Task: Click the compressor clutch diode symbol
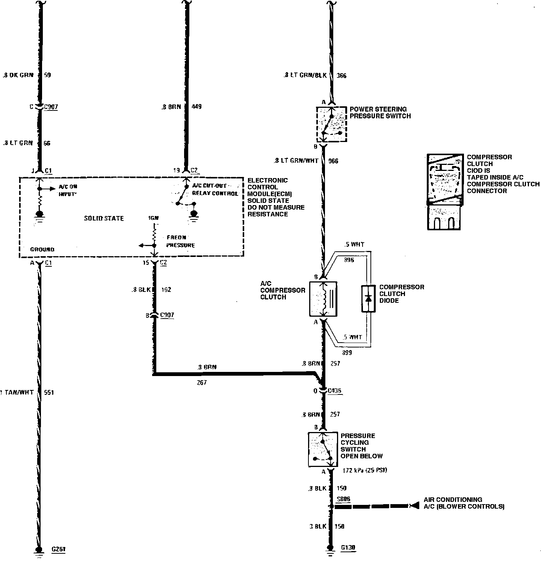click(x=368, y=299)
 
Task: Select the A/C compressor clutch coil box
click(x=323, y=299)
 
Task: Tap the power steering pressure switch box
click(x=331, y=124)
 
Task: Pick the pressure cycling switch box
click(x=323, y=449)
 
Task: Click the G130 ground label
click(x=348, y=548)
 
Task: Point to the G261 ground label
click(x=59, y=549)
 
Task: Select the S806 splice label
click(x=343, y=499)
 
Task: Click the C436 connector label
click(x=334, y=391)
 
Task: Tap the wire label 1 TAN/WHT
click(x=17, y=393)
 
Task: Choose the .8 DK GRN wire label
click(x=18, y=75)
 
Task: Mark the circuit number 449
click(x=196, y=107)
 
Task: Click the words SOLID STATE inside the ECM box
click(x=104, y=218)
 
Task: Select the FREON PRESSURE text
click(x=181, y=241)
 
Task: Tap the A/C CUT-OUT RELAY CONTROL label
click(x=215, y=190)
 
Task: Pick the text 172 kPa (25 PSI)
click(x=365, y=470)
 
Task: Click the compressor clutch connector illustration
click(x=444, y=192)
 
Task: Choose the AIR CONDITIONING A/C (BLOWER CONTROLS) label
click(x=464, y=503)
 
